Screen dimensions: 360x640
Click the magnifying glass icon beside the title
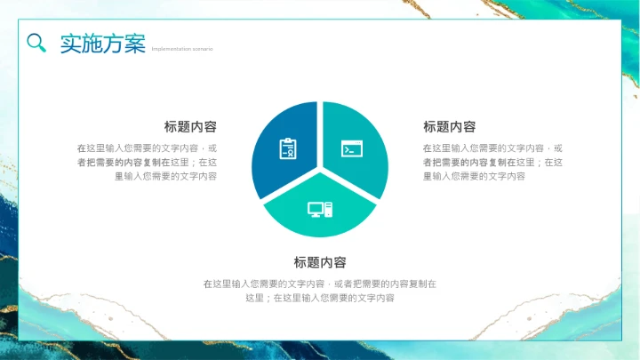point(36,43)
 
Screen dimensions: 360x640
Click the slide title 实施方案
point(102,44)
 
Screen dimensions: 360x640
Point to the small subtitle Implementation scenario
point(182,49)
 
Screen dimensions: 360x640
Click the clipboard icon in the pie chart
point(287,148)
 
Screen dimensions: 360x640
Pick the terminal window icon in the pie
point(352,148)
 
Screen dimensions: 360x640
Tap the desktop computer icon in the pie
point(320,210)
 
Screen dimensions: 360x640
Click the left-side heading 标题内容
point(190,127)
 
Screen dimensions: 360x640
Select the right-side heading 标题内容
point(449,127)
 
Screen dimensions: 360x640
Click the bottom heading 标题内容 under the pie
point(320,263)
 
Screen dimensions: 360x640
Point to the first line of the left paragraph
point(147,148)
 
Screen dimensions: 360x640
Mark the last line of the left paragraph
point(166,176)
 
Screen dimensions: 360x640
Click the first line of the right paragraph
point(492,148)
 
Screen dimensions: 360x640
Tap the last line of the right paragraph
point(473,176)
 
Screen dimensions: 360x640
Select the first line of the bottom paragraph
point(320,284)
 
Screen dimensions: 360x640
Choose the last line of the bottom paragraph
point(320,299)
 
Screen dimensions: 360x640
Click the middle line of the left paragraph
point(147,163)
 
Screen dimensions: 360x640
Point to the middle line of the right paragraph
point(492,163)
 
